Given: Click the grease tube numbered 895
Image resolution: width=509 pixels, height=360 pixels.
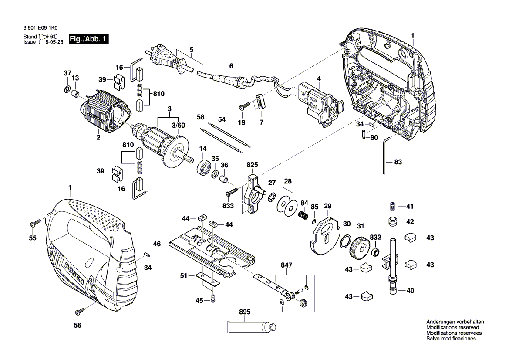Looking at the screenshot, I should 250,327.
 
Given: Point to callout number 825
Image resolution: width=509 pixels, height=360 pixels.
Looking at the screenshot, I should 252,165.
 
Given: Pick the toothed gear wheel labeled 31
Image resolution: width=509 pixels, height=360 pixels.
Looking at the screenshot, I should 359,248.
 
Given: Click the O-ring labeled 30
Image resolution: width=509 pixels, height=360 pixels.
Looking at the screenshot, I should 346,240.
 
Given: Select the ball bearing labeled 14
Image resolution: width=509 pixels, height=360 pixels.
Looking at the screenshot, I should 203,167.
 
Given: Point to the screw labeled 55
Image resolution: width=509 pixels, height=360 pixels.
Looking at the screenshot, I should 35,223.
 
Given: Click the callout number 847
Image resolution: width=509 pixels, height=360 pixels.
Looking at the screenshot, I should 287,265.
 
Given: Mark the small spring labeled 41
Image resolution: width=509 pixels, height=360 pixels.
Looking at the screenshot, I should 392,206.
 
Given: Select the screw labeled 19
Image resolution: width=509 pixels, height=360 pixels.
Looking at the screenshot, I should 245,106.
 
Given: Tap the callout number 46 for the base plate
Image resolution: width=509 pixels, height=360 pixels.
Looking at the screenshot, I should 157,244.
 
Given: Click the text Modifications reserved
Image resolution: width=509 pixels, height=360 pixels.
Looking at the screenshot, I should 453,327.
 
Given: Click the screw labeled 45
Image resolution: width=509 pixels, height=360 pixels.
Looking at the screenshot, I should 212,301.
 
